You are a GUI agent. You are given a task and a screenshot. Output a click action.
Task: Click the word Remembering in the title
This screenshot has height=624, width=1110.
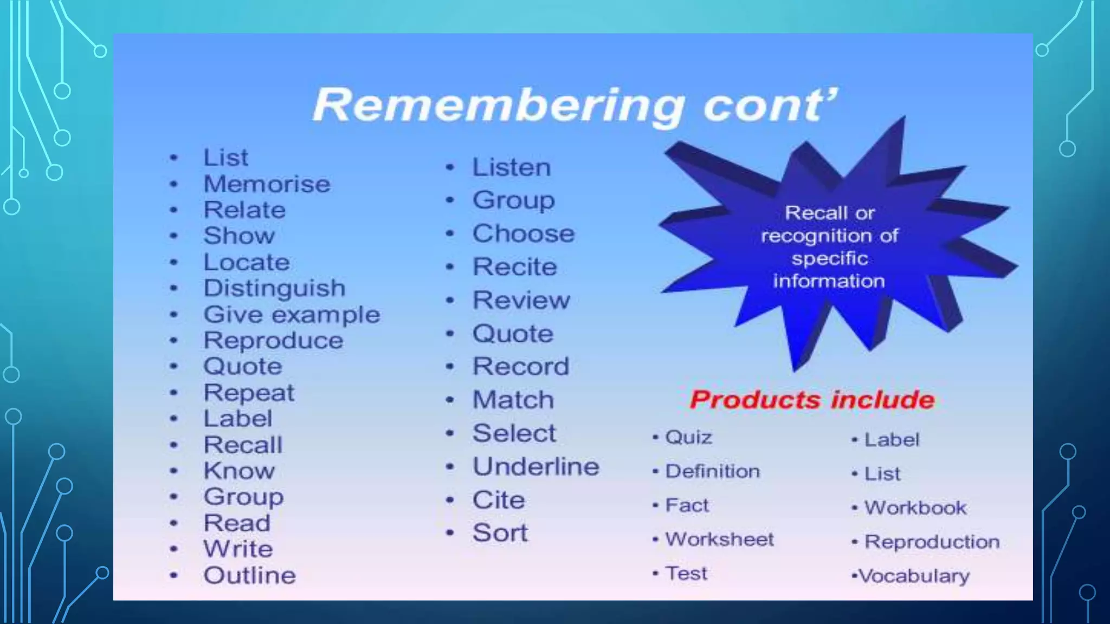point(499,106)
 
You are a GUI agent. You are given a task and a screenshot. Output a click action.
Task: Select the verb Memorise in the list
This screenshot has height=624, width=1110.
point(267,184)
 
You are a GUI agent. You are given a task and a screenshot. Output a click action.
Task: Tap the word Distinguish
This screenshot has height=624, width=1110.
point(274,288)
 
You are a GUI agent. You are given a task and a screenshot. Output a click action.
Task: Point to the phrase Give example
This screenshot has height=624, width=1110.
point(292,315)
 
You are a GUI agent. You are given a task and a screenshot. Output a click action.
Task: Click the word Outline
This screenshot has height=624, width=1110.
point(250,575)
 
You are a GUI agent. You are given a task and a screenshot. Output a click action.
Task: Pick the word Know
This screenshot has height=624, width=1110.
point(239,471)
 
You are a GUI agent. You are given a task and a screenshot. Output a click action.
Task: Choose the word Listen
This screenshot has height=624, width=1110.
point(512,167)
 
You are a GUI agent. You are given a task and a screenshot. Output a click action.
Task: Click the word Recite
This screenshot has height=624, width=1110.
point(515,267)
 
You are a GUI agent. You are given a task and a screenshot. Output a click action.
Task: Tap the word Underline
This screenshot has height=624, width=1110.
point(536,467)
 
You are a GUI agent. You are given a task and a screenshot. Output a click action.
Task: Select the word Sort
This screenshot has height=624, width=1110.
point(500,533)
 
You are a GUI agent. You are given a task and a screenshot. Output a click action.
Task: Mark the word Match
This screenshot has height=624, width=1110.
point(513,400)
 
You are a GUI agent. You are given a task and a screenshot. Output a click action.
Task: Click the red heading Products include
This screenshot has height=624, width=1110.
point(812,400)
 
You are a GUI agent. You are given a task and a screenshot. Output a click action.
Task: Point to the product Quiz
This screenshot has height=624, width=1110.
point(688,437)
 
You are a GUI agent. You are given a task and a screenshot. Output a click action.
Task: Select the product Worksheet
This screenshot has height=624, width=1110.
point(719,539)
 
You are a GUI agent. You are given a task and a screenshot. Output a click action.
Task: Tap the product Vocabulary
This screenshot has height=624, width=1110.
point(914,576)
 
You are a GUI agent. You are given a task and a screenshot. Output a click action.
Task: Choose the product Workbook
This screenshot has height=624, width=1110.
point(915,508)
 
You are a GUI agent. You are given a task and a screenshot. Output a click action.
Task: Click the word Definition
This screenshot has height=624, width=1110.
point(712,471)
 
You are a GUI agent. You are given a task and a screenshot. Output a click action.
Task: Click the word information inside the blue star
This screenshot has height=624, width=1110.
point(829,281)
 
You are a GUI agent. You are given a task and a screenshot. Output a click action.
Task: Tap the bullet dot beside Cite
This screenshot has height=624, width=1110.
point(450,500)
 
